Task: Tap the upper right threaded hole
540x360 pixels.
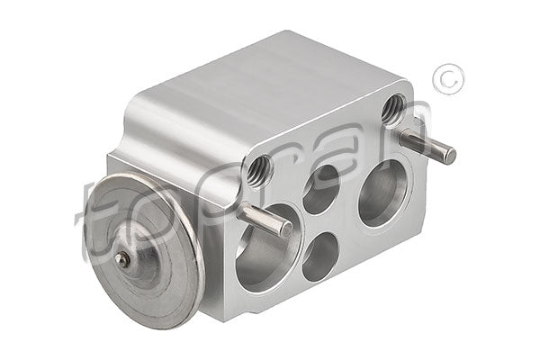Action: tap(391, 109)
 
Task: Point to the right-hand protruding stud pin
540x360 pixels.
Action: tap(426, 146)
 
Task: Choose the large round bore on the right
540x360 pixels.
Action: tap(383, 193)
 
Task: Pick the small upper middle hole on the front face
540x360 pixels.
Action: tap(321, 189)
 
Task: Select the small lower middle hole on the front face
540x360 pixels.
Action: tap(319, 256)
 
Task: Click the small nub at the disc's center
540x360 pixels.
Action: tap(123, 259)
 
